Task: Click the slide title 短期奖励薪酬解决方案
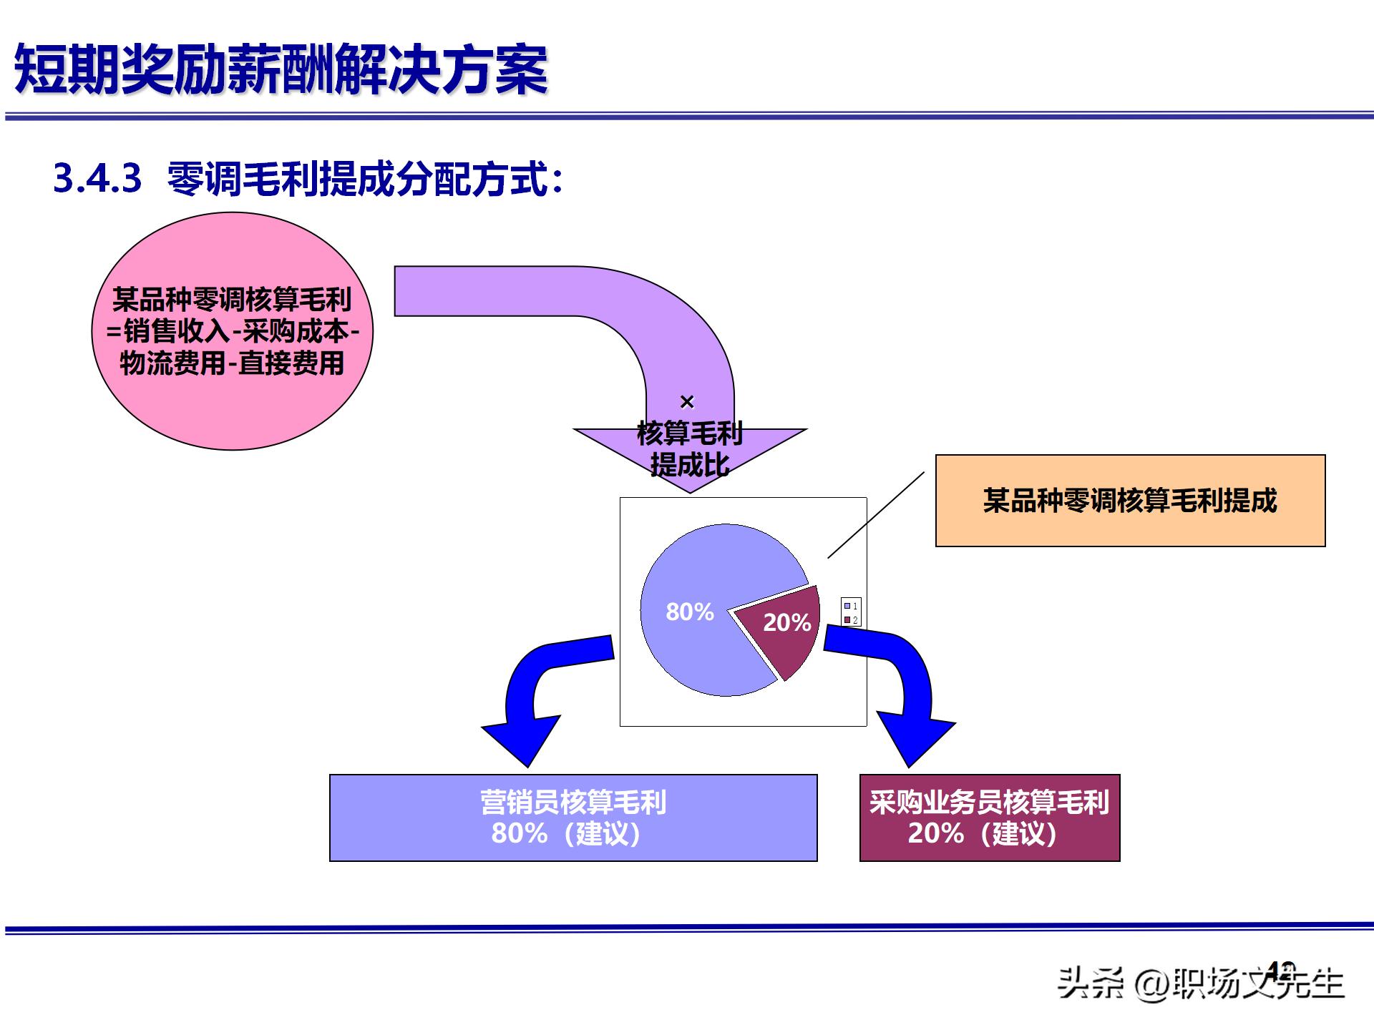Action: pos(281,69)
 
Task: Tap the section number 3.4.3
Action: pos(97,178)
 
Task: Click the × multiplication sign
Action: pos(687,402)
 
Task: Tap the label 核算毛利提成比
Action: pos(690,449)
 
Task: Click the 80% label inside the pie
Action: pos(690,612)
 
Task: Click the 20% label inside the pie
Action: pos(786,622)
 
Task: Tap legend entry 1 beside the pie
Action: pos(851,606)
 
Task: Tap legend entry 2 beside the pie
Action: pos(851,619)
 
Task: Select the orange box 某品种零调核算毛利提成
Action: pos(1130,501)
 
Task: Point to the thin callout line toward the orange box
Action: pos(876,515)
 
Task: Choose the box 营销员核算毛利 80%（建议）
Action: pos(572,818)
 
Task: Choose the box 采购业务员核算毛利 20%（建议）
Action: pos(989,818)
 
